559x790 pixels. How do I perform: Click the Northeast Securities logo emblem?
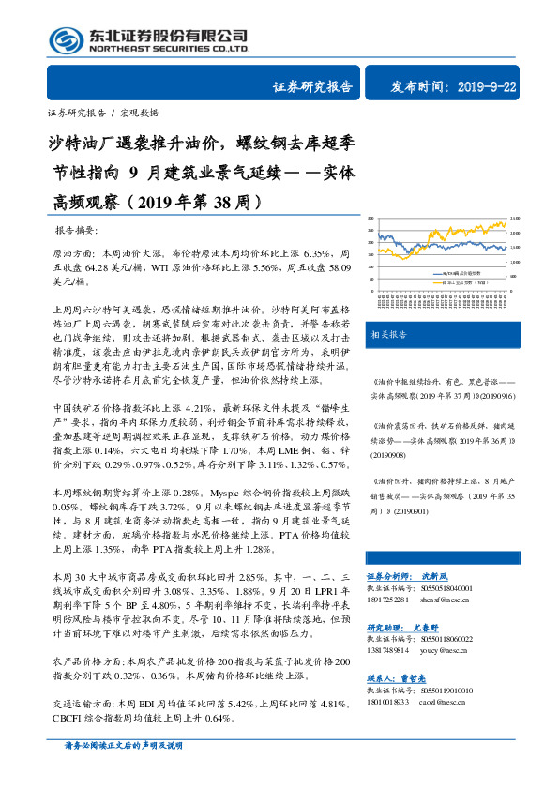tap(64, 40)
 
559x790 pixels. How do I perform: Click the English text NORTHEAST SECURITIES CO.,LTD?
tap(168, 49)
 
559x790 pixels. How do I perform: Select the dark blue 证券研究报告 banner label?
tap(313, 87)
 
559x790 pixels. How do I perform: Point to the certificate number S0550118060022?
tap(446, 637)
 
